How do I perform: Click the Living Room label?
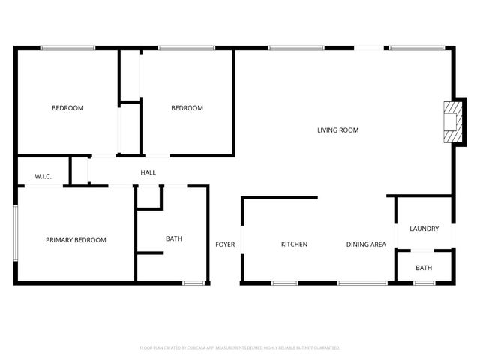tap(337, 130)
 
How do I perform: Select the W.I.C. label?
tap(43, 176)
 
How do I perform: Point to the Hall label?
tap(148, 173)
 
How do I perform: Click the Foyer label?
tap(225, 244)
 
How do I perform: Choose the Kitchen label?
tap(294, 244)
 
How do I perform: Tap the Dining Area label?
tap(366, 244)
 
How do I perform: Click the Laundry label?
tap(424, 229)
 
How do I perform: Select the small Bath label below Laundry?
tap(424, 268)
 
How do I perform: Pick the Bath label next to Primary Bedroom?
tap(174, 239)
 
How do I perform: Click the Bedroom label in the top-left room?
tap(67, 108)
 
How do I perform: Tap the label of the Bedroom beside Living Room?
tap(187, 108)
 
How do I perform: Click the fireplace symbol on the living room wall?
tap(450, 121)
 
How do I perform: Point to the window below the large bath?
tap(194, 283)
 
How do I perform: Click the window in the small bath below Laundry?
tap(424, 283)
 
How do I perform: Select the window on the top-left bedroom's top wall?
tap(67, 49)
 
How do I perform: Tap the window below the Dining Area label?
tap(361, 283)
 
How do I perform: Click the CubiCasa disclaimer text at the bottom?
tap(240, 348)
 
